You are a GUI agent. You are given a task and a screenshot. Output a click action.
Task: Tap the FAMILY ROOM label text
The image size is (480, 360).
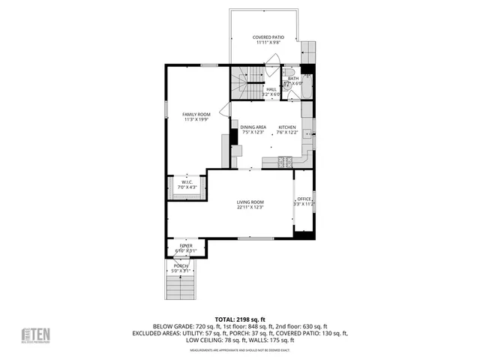[196, 113]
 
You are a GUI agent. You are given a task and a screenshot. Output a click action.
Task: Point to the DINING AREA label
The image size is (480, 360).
[253, 127]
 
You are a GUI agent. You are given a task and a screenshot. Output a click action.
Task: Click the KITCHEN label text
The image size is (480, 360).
[288, 127]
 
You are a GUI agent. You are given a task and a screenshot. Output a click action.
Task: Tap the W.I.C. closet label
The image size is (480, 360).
[187, 181]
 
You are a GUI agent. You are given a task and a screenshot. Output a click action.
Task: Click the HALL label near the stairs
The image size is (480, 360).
[271, 89]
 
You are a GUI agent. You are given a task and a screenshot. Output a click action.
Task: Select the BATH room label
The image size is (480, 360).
[292, 78]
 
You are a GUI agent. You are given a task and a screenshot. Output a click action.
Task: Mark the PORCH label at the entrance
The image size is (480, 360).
[181, 265]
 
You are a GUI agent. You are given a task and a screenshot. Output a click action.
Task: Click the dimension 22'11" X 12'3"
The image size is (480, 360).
[250, 207]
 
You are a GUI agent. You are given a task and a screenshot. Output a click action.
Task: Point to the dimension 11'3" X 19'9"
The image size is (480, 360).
[196, 118]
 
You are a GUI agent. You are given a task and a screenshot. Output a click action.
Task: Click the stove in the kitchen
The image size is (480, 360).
[286, 161]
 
